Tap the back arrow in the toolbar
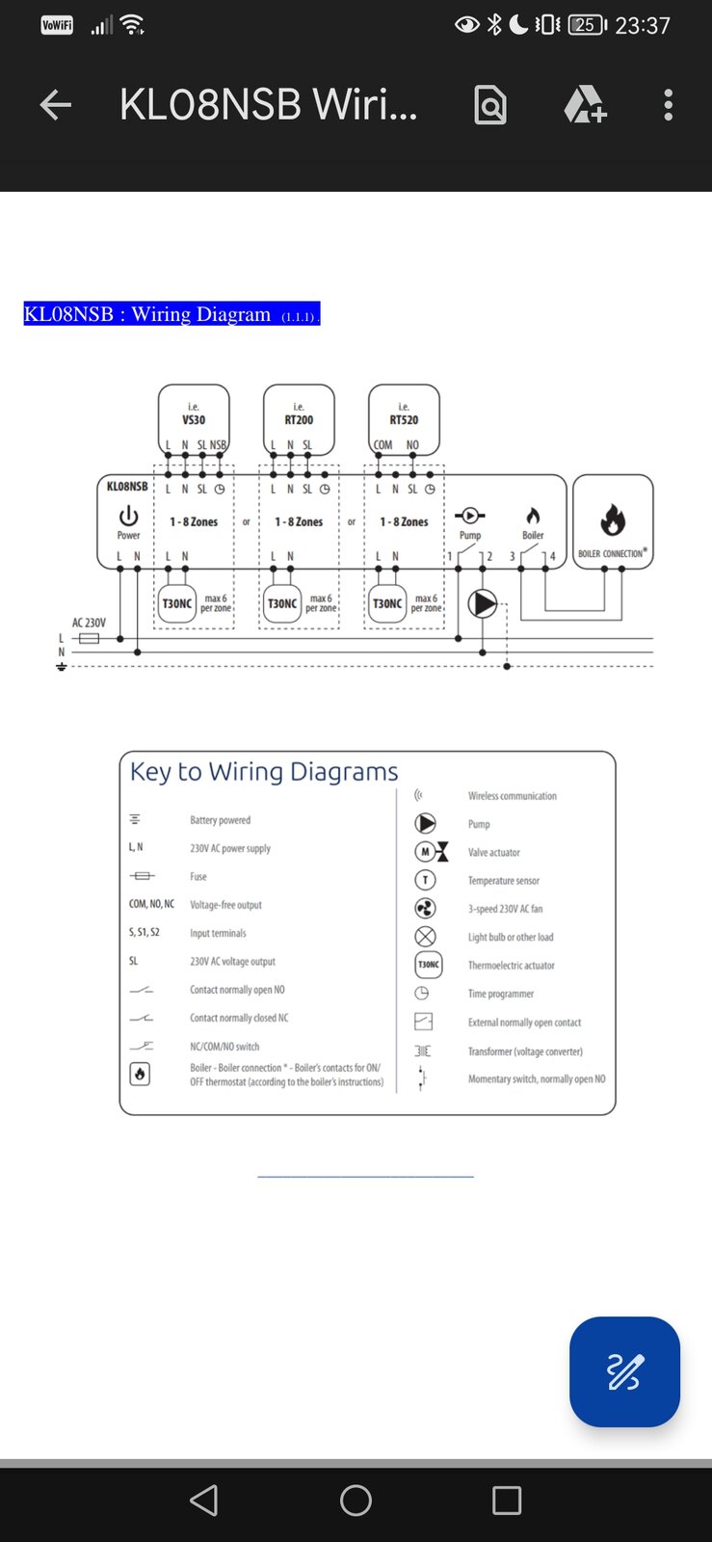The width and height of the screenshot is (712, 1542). (x=56, y=105)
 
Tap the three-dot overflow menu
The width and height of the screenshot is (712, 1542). (x=668, y=105)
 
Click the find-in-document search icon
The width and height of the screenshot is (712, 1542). (x=490, y=105)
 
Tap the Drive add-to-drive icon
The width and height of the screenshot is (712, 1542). (x=585, y=105)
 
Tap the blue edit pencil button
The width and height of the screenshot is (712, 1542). (x=624, y=1371)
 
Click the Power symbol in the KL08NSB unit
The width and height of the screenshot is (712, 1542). (x=128, y=518)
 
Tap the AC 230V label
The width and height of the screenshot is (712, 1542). (x=89, y=624)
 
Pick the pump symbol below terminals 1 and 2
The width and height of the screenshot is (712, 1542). (x=483, y=604)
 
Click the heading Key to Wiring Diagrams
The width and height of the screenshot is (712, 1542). (x=264, y=772)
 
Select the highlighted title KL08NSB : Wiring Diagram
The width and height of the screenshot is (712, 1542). (x=171, y=314)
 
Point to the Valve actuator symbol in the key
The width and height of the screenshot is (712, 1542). (x=431, y=852)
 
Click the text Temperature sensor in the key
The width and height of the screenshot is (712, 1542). (x=503, y=881)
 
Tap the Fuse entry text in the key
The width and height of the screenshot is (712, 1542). (x=198, y=877)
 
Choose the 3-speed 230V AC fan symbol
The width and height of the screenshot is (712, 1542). (x=425, y=909)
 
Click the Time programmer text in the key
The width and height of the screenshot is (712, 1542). (x=500, y=994)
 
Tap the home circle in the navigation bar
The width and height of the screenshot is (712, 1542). (x=356, y=1501)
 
